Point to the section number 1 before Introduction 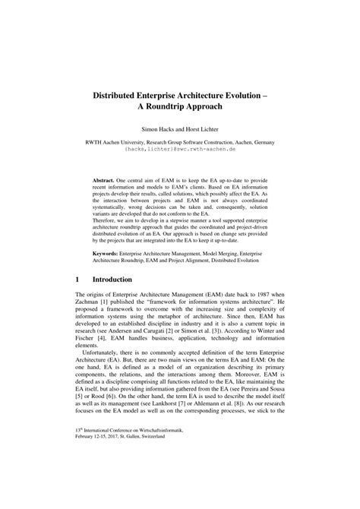(77, 301)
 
